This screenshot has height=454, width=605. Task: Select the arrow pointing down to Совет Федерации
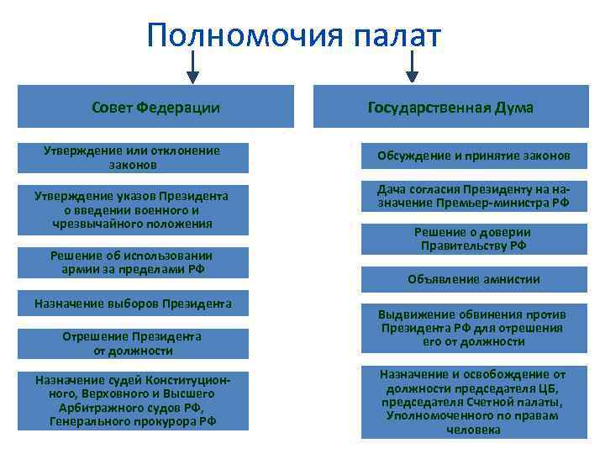[193, 67]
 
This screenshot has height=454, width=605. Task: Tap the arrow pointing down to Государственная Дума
[413, 67]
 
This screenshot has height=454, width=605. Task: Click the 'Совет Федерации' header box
[156, 108]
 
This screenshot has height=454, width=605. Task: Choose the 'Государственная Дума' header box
[450, 108]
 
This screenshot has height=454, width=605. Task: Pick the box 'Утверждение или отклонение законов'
[132, 157]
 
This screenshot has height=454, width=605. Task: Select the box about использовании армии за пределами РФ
[132, 262]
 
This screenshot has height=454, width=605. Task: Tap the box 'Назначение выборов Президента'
[132, 303]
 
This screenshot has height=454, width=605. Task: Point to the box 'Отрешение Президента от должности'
[132, 343]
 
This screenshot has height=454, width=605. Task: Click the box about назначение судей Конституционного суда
[132, 401]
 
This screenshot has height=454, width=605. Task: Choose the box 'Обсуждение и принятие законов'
[474, 156]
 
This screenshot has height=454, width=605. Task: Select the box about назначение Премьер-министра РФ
[474, 197]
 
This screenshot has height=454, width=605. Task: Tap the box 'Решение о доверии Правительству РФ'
[474, 239]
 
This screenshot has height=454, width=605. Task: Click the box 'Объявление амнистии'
[474, 279]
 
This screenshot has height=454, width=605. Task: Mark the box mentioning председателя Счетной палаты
[474, 402]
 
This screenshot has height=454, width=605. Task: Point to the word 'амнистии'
[511, 279]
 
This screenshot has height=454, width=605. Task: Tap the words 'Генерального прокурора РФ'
[132, 421]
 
